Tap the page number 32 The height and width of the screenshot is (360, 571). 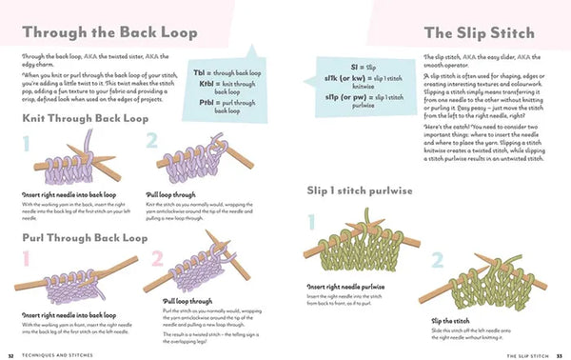coord(10,354)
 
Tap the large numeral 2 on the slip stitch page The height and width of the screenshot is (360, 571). coord(438,261)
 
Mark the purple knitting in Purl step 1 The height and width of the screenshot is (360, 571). coord(71,281)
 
